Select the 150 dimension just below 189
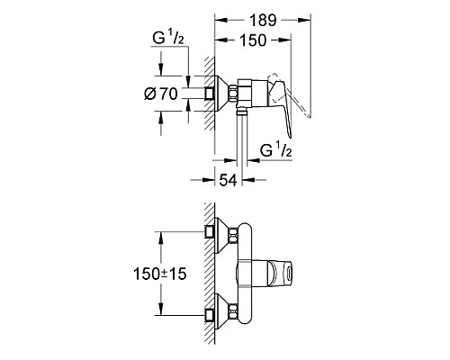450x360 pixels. (x=257, y=40)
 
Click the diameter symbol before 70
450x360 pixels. (x=149, y=93)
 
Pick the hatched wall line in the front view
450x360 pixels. (x=208, y=279)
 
